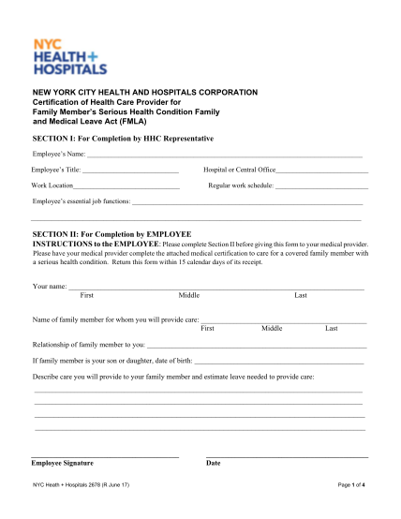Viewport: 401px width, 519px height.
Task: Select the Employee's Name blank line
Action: tap(225, 156)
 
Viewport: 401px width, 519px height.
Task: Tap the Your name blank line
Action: tap(215, 289)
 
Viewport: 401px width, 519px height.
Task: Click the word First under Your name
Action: tap(86, 295)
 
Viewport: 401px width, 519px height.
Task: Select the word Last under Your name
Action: tap(301, 295)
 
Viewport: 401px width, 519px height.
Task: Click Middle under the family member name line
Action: tap(272, 329)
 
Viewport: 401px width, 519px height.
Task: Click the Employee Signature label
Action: tap(62, 463)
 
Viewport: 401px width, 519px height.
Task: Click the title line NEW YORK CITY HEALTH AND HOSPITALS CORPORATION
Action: tap(145, 92)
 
